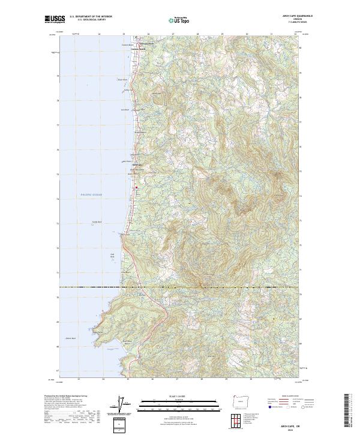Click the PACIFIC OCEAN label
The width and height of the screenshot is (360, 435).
click(92, 194)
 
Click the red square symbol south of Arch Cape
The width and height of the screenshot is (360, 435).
click(136, 188)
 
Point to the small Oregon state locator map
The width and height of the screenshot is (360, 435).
click(240, 400)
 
